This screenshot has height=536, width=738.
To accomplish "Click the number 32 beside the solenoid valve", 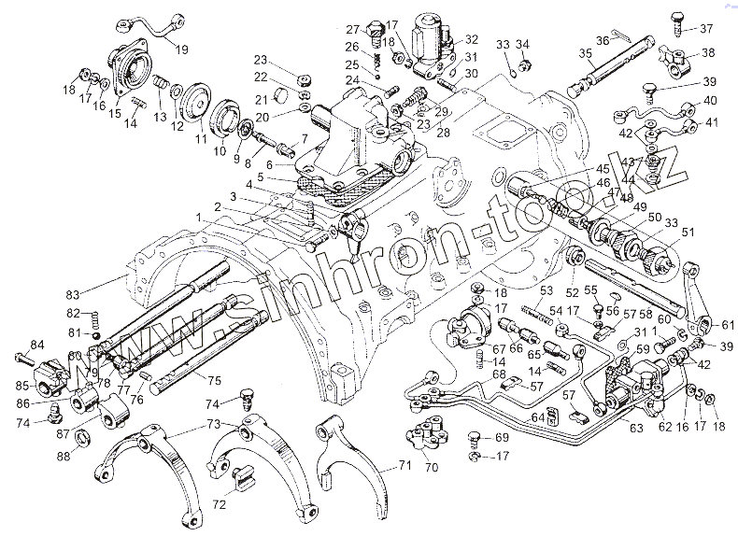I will coord(471,39).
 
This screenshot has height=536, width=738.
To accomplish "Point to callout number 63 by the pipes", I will coord(636,428).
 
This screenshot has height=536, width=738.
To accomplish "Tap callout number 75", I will coord(213,381).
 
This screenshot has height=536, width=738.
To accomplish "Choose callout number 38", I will coord(708,53).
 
